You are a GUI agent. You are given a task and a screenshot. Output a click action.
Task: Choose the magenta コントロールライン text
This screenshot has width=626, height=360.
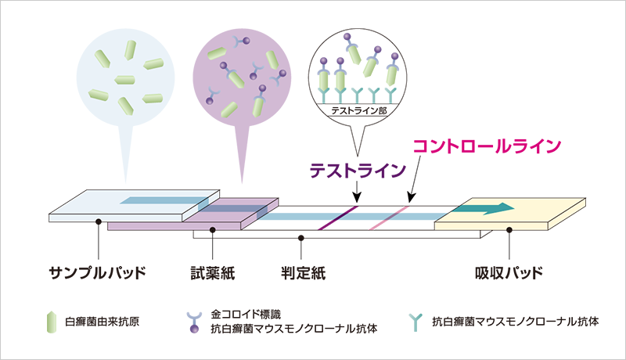point(487,146)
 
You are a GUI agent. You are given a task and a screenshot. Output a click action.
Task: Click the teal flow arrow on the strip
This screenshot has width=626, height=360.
point(488,208)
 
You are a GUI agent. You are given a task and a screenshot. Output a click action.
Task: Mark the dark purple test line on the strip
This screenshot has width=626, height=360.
point(339,218)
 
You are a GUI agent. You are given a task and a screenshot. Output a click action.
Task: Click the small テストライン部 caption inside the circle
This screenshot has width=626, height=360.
point(357,111)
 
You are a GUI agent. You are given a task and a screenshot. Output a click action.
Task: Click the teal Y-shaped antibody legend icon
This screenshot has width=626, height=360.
point(416,321)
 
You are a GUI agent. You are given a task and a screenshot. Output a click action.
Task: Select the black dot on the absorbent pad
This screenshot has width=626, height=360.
point(509,229)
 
